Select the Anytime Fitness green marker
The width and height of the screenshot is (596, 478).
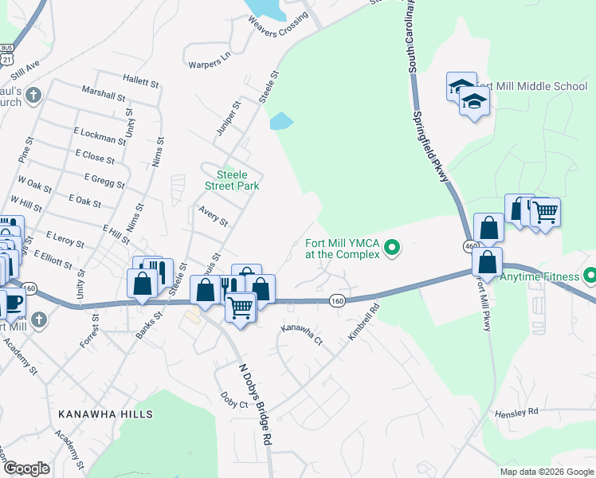[590, 276]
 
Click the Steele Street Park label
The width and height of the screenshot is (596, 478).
[238, 180]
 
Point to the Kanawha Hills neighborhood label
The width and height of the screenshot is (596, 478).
[105, 414]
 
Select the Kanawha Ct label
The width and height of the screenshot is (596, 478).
[301, 334]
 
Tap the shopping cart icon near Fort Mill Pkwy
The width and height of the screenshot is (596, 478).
[546, 212]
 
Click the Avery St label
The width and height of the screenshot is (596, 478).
[213, 216]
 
